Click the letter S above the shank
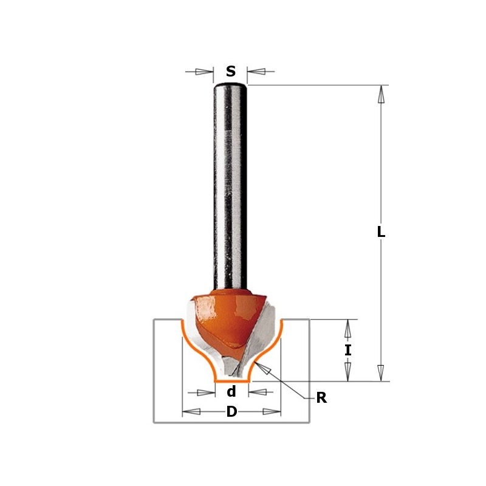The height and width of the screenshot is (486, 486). (x=231, y=72)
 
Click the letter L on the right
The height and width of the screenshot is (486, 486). (x=381, y=232)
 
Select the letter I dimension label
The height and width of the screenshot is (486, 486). (x=347, y=350)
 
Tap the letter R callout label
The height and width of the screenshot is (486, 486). (x=321, y=399)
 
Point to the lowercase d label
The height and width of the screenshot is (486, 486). (x=231, y=392)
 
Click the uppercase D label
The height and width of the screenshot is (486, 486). (x=231, y=412)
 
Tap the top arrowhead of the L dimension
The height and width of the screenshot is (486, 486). (x=381, y=94)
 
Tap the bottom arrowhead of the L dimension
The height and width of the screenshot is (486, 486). (x=381, y=372)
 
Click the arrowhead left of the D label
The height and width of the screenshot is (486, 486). (x=192, y=412)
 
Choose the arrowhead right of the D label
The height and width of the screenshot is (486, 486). (x=271, y=412)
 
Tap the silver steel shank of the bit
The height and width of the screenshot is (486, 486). (x=230, y=182)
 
